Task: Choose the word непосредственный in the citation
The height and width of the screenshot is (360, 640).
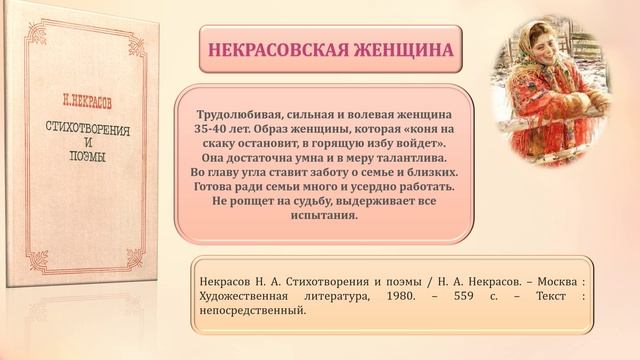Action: point(254,311)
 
